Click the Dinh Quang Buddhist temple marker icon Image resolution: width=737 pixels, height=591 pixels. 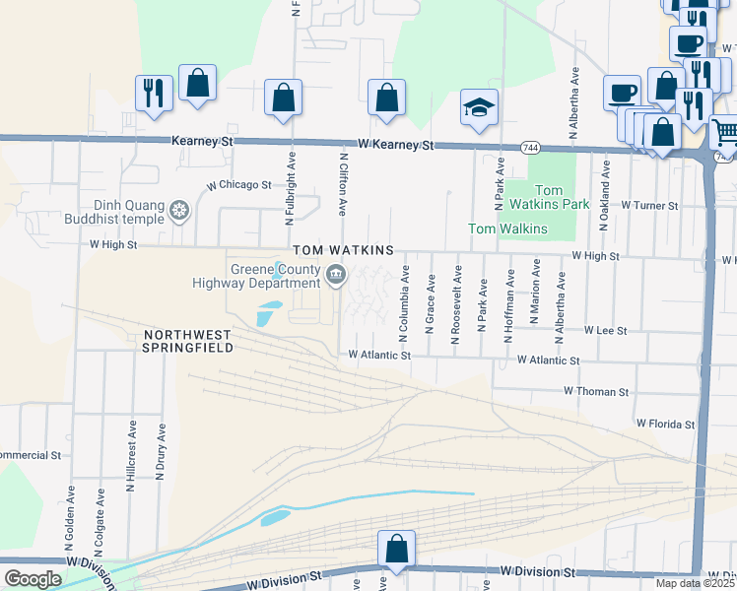coord(179,210)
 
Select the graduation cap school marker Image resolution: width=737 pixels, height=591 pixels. coord(480,107)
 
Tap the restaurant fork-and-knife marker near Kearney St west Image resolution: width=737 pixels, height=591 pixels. coord(154,93)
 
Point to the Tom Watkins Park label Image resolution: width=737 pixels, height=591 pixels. coord(561,197)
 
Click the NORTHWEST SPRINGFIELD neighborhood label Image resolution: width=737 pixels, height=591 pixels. coord(187,341)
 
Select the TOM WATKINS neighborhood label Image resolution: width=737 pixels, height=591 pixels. coord(342,251)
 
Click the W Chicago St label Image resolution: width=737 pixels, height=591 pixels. coord(238,185)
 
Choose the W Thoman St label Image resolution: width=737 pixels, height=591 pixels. coord(595,392)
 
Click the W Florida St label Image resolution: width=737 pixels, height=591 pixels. coord(665,424)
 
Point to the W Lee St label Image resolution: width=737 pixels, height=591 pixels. coord(605,331)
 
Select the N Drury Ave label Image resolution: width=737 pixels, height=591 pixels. coord(161,452)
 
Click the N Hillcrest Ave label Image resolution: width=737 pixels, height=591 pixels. coord(130,452)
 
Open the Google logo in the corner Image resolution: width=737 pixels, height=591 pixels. coord(33,579)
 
